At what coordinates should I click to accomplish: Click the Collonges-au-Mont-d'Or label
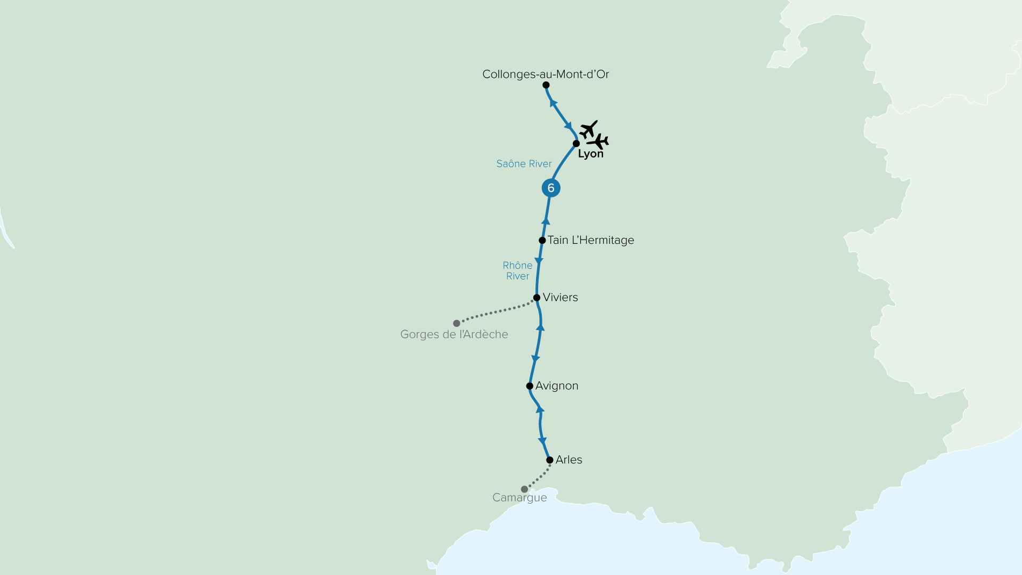coord(546,74)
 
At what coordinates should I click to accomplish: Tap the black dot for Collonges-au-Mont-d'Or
coord(546,85)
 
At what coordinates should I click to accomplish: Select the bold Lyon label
coord(591,154)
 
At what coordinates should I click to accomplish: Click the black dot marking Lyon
coord(576,144)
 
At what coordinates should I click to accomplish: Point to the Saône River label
coord(524,164)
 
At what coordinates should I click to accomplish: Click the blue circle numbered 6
coord(551,188)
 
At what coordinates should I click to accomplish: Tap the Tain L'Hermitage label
coord(591,240)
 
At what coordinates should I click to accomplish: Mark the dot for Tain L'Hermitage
coord(542,241)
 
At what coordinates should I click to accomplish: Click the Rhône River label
coord(517,270)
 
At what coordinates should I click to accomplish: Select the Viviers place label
coord(560,297)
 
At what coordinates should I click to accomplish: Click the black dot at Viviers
coord(537,298)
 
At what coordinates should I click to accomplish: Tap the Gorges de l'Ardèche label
coord(454,334)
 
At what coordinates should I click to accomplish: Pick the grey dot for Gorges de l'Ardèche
coord(457,323)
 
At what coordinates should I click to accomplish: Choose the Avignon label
coord(557,385)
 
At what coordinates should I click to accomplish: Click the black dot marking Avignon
coord(530,386)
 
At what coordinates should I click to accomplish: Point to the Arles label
coord(568,459)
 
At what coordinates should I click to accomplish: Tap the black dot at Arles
coord(550,460)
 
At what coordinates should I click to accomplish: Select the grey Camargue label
coord(520,498)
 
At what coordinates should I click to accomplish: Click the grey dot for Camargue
coord(524,489)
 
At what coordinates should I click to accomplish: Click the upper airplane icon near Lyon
coord(589,129)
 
